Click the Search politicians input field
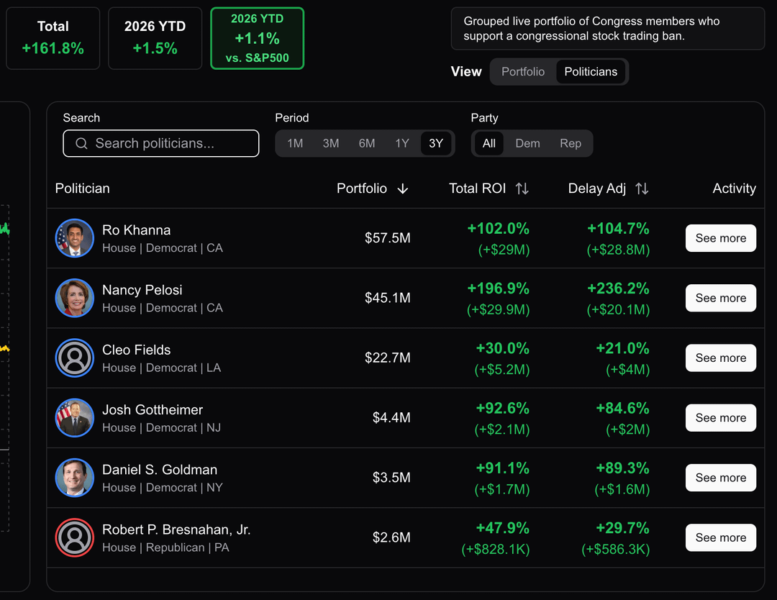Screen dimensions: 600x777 160,143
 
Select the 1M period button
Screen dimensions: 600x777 295,143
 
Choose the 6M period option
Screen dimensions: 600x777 367,143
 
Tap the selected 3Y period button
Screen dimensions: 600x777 436,143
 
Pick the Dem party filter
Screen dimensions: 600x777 527,143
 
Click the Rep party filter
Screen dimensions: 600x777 571,143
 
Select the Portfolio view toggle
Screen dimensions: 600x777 523,72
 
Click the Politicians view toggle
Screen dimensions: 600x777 591,72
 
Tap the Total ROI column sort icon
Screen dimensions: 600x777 522,188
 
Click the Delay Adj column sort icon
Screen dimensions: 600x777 642,188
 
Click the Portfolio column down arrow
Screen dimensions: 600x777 403,188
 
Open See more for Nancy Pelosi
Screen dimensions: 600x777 720,298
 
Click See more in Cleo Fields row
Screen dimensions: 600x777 720,358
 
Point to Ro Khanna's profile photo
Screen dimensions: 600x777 75,238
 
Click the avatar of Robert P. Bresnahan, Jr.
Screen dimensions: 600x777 75,537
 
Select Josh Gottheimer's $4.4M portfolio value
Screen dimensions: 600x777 391,418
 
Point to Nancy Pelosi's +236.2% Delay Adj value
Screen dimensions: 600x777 618,288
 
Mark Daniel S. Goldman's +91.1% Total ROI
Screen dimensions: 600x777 503,468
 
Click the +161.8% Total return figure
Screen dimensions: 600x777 53,49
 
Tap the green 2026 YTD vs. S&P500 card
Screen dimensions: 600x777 257,39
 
